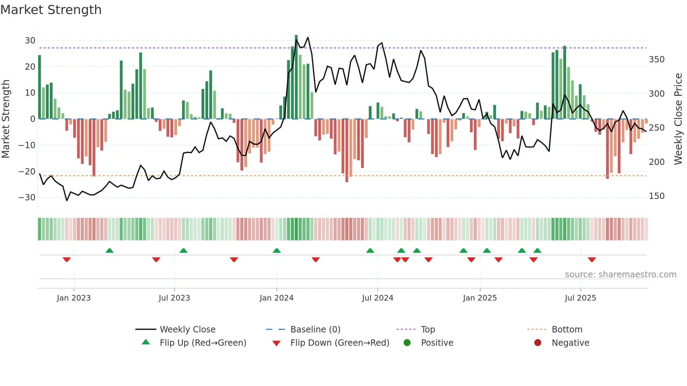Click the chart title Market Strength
[x=51, y=10]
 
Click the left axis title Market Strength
[x=6, y=119]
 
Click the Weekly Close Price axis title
[x=678, y=119]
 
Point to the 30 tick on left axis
[x=30, y=41]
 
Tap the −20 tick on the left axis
[x=27, y=171]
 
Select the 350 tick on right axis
[x=657, y=60]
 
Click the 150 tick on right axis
[x=657, y=196]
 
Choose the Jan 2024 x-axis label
[x=277, y=298]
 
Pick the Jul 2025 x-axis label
[x=580, y=298]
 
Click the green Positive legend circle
[x=407, y=343]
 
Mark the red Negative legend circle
[x=538, y=343]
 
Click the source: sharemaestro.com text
[x=620, y=275]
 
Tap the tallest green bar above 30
[x=296, y=77]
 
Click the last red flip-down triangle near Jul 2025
[x=592, y=260]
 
